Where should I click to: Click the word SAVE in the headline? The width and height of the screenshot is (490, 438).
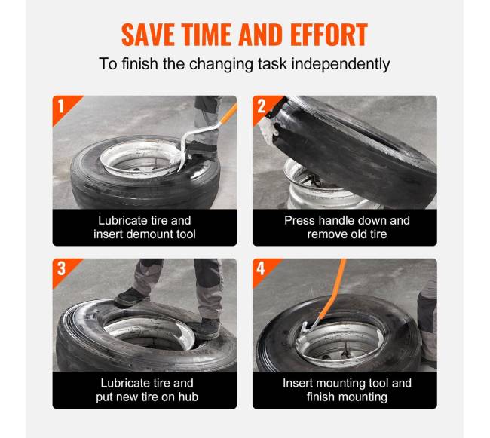pos(148,35)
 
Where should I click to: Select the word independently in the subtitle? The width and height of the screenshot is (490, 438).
pos(341,64)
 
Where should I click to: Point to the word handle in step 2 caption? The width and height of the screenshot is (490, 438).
pos(336,221)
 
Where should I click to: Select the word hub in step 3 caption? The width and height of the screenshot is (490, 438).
pos(188,397)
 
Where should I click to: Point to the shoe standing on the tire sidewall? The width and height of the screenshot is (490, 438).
pos(130,297)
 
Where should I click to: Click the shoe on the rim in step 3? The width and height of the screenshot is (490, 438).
pos(207,329)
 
